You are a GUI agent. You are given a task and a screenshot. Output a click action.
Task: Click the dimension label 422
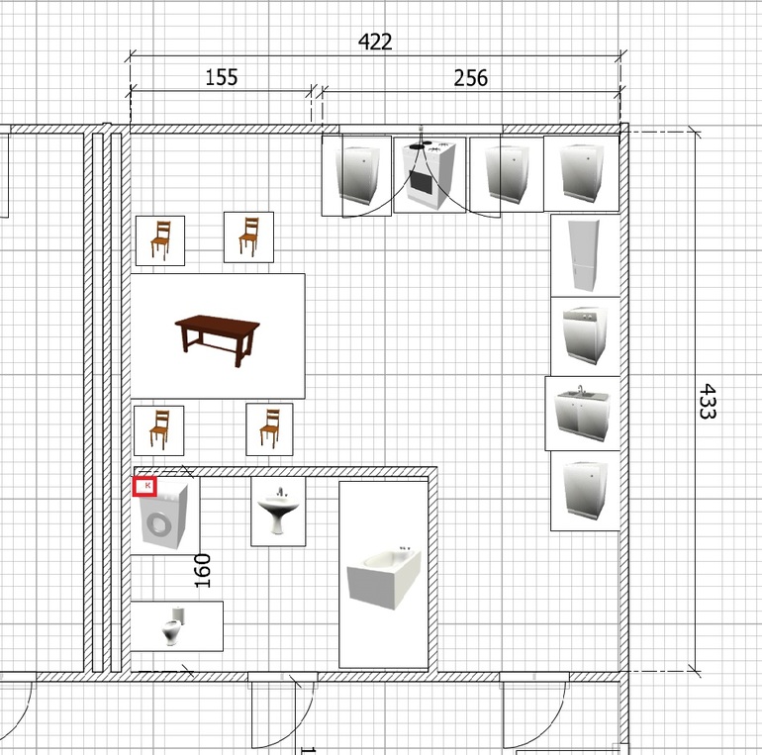click(x=375, y=42)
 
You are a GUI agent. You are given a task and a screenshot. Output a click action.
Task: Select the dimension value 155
click(x=222, y=77)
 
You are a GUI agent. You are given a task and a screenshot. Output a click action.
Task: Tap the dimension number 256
click(x=470, y=78)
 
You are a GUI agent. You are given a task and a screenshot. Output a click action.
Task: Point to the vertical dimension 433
click(x=708, y=402)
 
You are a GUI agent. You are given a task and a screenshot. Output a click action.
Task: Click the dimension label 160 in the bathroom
click(x=202, y=571)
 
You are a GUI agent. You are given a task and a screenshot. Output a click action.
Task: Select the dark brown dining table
click(x=218, y=338)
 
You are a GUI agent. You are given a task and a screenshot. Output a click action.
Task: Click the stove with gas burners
click(x=430, y=175)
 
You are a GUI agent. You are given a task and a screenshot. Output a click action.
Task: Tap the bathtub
click(x=383, y=577)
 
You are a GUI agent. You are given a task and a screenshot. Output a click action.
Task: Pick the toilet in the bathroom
click(x=173, y=625)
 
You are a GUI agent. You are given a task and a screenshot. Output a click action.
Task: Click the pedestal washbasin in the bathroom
click(x=278, y=511)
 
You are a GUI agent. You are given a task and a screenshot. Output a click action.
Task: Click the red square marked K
click(x=144, y=487)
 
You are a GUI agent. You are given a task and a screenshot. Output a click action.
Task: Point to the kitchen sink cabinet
click(x=582, y=413)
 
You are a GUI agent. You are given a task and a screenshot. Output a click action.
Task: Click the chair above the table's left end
click(x=160, y=240)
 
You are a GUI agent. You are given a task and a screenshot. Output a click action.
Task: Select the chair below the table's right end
click(x=269, y=429)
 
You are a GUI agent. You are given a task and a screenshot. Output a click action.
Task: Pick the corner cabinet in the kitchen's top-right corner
click(x=581, y=173)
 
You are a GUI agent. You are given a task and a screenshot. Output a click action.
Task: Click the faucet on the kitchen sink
click(x=581, y=391)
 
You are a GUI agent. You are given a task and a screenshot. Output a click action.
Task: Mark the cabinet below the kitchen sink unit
click(x=586, y=490)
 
